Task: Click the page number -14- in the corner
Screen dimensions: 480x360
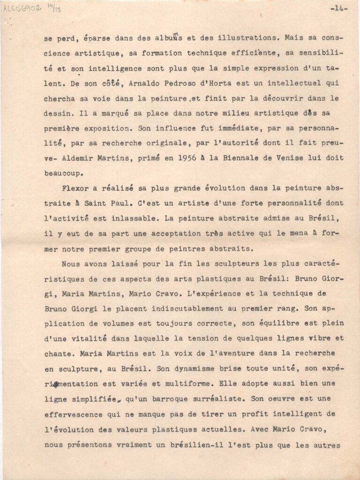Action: pos(338,8)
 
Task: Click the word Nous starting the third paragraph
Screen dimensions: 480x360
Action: pos(70,263)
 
